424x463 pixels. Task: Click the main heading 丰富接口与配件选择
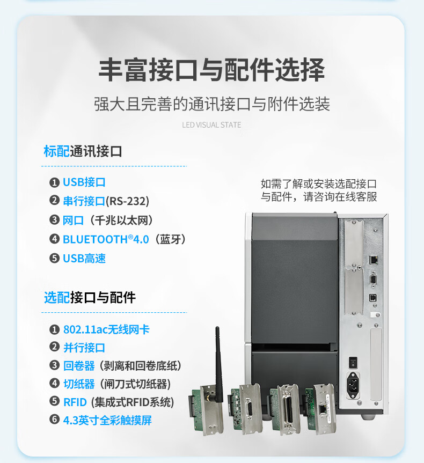coord(211,70)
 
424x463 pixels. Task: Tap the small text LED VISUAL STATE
coord(211,125)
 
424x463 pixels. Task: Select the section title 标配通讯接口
coord(83,151)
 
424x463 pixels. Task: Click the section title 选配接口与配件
coord(90,297)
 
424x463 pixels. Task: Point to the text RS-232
coord(127,201)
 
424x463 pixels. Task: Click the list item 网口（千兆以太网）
coord(108,221)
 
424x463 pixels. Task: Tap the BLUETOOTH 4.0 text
coord(106,239)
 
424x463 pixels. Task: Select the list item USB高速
coord(84,259)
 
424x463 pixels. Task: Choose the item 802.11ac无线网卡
coord(106,329)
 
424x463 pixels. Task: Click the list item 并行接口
coord(84,348)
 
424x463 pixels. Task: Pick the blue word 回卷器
coord(79,366)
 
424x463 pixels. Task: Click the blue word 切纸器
coord(79,384)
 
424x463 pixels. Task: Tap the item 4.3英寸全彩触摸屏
coord(107,420)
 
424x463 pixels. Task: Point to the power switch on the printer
coord(353,362)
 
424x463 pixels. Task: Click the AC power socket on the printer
coord(353,385)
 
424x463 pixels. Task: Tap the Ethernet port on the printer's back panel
coord(374,260)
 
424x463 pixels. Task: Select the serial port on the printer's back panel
coord(373,280)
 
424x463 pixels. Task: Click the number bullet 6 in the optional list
coord(54,420)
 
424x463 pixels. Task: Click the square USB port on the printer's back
coord(373,297)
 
